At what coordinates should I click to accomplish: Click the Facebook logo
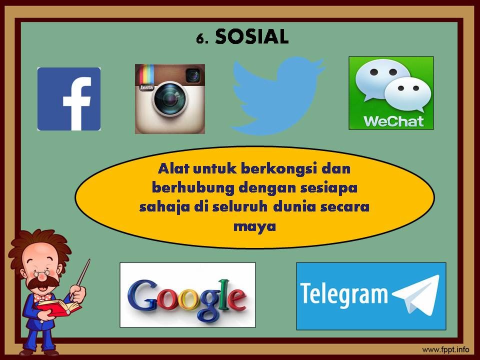(x=69, y=99)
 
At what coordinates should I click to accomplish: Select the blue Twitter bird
(x=276, y=95)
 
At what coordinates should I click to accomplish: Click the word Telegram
(x=343, y=294)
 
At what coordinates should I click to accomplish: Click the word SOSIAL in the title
(x=252, y=36)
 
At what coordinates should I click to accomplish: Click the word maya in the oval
(x=254, y=225)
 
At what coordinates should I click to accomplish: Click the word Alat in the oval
(x=173, y=169)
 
